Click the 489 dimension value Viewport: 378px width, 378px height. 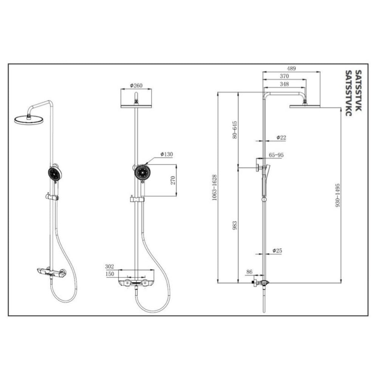click(291, 68)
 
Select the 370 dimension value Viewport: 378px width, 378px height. click(284, 76)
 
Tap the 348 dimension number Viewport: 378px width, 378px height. click(284, 84)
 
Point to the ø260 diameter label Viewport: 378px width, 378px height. click(136, 85)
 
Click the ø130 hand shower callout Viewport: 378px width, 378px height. click(167, 154)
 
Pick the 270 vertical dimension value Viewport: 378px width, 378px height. click(173, 180)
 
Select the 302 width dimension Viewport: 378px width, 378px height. click(110, 266)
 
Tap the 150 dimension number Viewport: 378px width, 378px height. click(110, 274)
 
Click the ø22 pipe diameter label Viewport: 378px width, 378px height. click(281, 138)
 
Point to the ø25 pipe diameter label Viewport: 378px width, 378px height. click(277, 251)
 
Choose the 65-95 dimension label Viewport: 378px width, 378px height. click(276, 155)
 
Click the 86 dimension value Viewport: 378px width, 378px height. click(249, 272)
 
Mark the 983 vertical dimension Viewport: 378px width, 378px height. click(235, 225)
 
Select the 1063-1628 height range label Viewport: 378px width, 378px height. click(214, 188)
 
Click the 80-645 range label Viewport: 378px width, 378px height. click(235, 130)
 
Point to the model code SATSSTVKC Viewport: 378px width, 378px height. click(349, 93)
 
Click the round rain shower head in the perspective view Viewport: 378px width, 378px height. click(29, 119)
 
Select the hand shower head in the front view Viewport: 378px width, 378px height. click(143, 172)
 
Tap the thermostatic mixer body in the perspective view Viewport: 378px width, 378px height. click(51, 273)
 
